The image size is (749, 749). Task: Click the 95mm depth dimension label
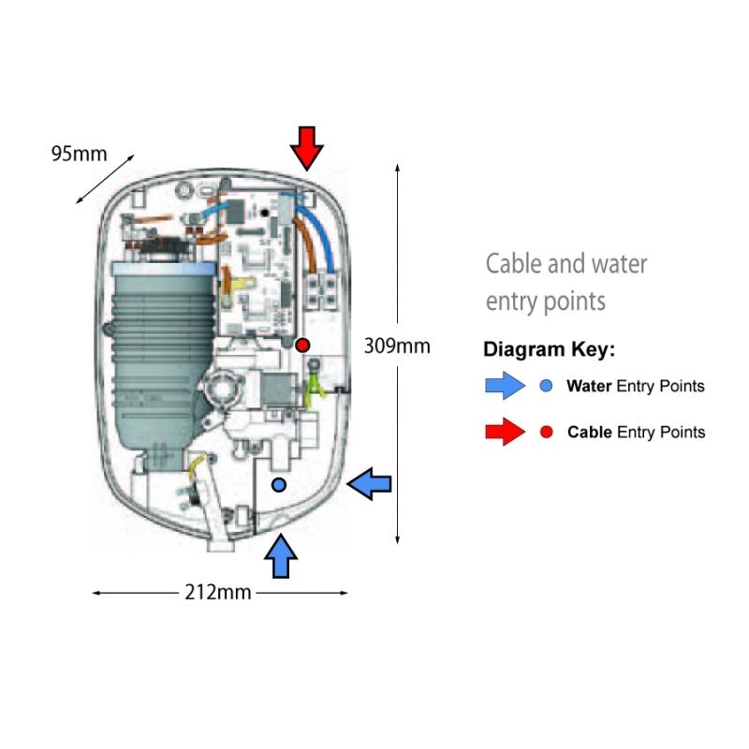point(79,154)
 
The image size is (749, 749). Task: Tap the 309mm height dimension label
point(396,345)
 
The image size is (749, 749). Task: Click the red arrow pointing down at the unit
point(306,147)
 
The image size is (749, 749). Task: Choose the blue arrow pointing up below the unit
point(281,557)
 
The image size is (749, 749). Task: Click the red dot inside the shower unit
point(302,345)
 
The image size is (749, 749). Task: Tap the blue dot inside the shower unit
point(278,484)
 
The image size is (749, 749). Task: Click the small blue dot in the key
point(547,386)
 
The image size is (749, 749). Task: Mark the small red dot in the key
point(547,433)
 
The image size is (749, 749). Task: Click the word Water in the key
point(589,386)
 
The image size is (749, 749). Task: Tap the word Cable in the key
point(589,433)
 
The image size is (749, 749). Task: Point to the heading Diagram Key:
point(549,350)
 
